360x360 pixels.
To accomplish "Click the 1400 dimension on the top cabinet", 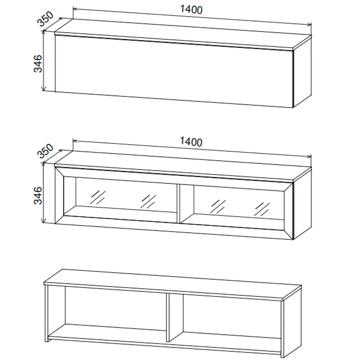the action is (191, 10).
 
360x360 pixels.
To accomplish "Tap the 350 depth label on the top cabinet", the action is (45, 18).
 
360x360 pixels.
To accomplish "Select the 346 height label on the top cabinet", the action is (38, 64).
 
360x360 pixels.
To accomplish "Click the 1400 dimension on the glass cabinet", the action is (191, 142).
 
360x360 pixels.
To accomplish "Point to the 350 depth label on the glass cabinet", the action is (45, 151).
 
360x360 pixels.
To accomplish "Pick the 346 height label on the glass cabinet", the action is (38, 195).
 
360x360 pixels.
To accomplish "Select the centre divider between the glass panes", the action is (179, 204).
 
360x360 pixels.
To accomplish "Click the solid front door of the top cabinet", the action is (174, 72).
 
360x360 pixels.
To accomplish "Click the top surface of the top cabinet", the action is (183, 34).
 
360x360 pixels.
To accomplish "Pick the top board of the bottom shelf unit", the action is (173, 285).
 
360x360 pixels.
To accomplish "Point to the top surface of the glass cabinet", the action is (183, 166).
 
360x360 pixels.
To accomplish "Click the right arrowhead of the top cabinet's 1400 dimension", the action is (310, 24).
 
